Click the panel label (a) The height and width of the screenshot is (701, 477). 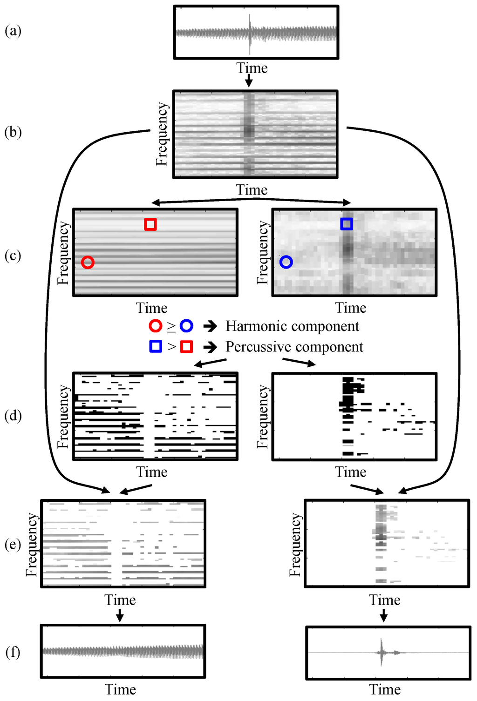13,31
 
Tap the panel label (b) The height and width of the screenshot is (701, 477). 13,133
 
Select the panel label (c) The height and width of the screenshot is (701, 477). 13,256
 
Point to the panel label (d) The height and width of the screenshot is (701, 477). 13,415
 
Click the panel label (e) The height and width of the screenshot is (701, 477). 13,544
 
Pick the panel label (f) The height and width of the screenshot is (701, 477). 13,652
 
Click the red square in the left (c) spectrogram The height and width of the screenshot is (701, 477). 150,224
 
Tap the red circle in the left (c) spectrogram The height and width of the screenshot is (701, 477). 88,263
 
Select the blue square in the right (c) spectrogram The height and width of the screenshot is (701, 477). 347,224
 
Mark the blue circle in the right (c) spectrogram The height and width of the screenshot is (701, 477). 286,262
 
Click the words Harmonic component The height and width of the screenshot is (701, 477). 292,326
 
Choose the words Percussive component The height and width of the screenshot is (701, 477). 294,347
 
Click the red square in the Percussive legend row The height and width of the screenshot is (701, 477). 187,347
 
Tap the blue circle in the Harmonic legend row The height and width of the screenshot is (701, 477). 186,326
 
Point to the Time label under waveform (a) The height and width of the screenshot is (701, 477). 252,68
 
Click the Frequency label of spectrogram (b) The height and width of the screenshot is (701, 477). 162,134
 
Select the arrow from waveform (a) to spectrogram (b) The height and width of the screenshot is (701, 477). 249,81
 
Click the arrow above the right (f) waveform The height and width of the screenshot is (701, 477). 384,616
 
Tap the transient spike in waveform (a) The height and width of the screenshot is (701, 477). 250,33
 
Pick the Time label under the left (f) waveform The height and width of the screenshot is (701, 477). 120,689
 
